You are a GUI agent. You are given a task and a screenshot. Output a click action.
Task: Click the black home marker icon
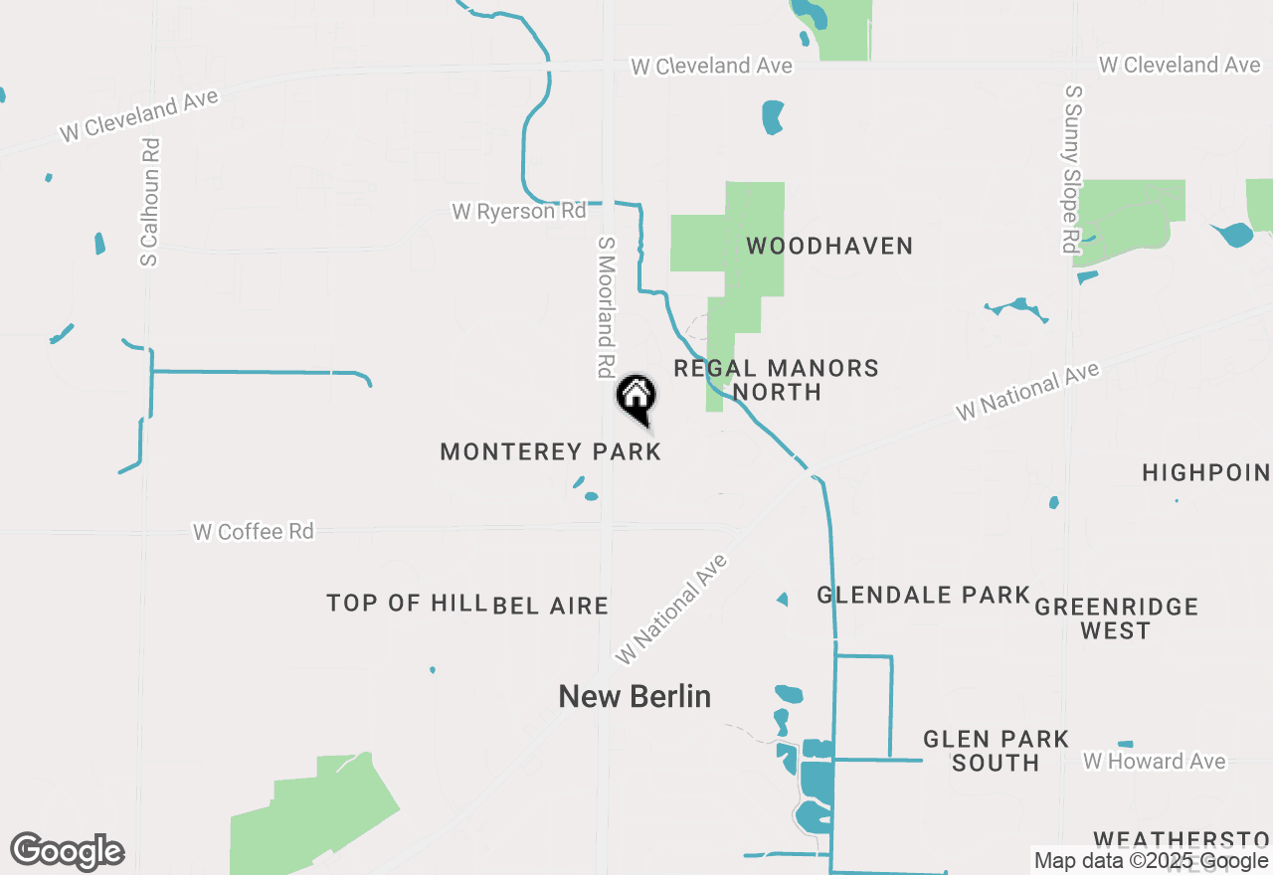point(636,399)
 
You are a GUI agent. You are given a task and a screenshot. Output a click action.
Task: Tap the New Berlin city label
point(635,696)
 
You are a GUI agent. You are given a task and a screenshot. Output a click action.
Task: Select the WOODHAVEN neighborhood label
point(829,246)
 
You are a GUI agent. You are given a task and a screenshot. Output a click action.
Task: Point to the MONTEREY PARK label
point(550,451)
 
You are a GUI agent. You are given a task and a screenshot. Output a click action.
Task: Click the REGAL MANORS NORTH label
point(776,380)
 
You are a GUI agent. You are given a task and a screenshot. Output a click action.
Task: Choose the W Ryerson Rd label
point(519,211)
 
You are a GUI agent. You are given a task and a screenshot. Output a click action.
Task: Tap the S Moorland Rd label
point(605,306)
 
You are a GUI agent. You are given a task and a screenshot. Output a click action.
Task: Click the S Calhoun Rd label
point(150,202)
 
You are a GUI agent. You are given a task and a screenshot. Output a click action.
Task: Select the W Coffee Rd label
point(254,532)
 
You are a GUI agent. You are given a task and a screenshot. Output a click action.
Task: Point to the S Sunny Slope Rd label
point(1072,169)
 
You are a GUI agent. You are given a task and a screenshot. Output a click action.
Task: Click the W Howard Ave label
point(1155,762)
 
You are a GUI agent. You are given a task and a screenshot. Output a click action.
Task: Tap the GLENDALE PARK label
point(923,595)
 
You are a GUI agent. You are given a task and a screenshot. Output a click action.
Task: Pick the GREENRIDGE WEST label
point(1116,618)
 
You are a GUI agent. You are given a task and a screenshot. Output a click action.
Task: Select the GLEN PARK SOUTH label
point(996,751)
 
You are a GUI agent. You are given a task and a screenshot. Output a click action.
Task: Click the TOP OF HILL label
point(406,603)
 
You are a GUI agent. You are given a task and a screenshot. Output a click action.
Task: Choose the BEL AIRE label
point(550,606)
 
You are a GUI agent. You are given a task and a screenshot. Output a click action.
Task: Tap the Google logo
point(68,851)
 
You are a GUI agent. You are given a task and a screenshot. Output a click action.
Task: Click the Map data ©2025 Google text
point(1151,861)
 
